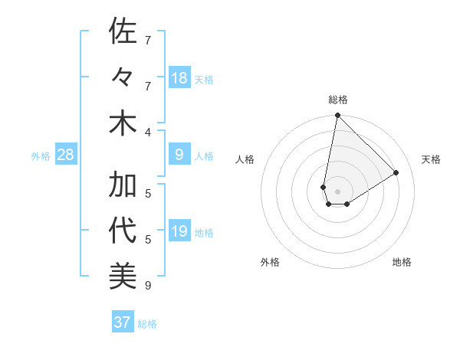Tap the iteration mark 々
tap(123, 77)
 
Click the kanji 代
tap(123, 231)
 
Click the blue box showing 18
tap(179, 78)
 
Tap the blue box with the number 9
tap(179, 155)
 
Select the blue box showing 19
tap(179, 231)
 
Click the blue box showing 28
tap(66, 155)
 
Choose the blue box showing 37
tap(123, 322)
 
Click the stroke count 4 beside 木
tap(148, 132)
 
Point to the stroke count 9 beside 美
tap(148, 286)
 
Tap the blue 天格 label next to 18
tap(204, 80)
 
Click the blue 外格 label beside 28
tap(41, 156)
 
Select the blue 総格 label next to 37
tap(147, 324)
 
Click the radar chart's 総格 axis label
tap(338, 100)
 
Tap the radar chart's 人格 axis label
tap(245, 159)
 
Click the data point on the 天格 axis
tap(396, 173)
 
